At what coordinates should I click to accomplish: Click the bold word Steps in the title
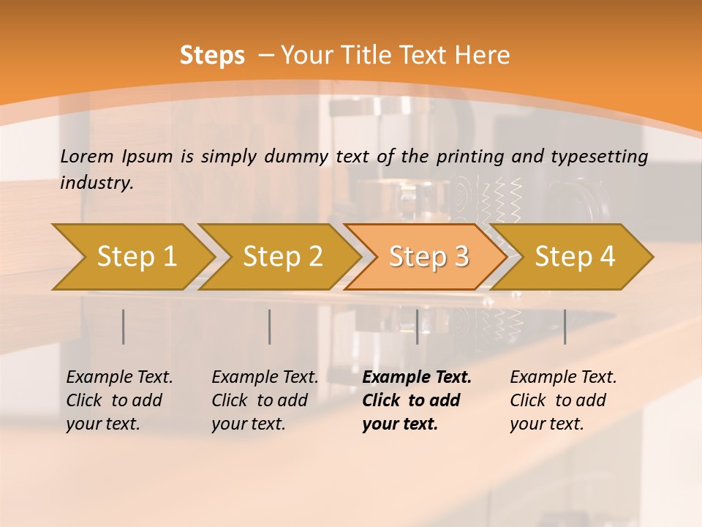[x=212, y=55]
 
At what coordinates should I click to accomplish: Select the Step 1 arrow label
[x=137, y=256]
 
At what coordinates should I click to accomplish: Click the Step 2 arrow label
[x=283, y=256]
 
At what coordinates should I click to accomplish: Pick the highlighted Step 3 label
[x=429, y=256]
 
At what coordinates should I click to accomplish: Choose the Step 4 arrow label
[x=575, y=256]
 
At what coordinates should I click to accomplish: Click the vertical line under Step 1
[x=124, y=326]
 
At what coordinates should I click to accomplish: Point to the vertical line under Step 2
[x=270, y=326]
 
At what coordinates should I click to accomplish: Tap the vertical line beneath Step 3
[x=417, y=326]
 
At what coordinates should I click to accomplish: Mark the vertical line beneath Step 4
[x=565, y=326]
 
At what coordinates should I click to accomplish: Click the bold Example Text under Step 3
[x=417, y=400]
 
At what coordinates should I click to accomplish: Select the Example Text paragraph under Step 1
[x=119, y=400]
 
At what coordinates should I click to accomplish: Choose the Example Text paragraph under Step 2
[x=265, y=400]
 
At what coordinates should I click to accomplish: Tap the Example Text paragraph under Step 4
[x=563, y=400]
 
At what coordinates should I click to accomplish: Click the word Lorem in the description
[x=87, y=156]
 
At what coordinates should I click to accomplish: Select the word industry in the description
[x=97, y=182]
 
